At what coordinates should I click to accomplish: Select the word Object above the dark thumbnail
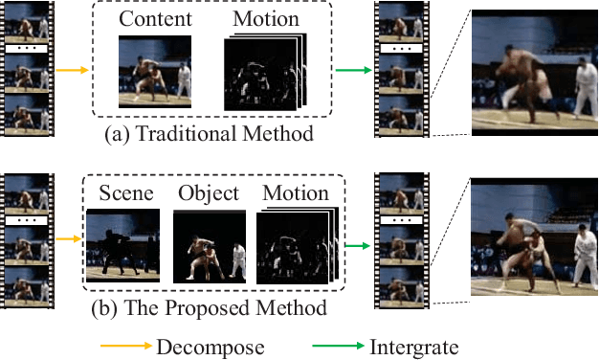(209, 193)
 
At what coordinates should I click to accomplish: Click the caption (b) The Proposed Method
(209, 308)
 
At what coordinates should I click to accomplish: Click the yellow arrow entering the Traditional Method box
(71, 69)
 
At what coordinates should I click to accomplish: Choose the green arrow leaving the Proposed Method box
(358, 245)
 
